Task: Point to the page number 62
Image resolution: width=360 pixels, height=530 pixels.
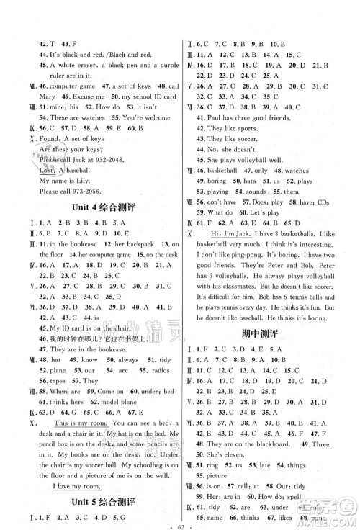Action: coord(180,524)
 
